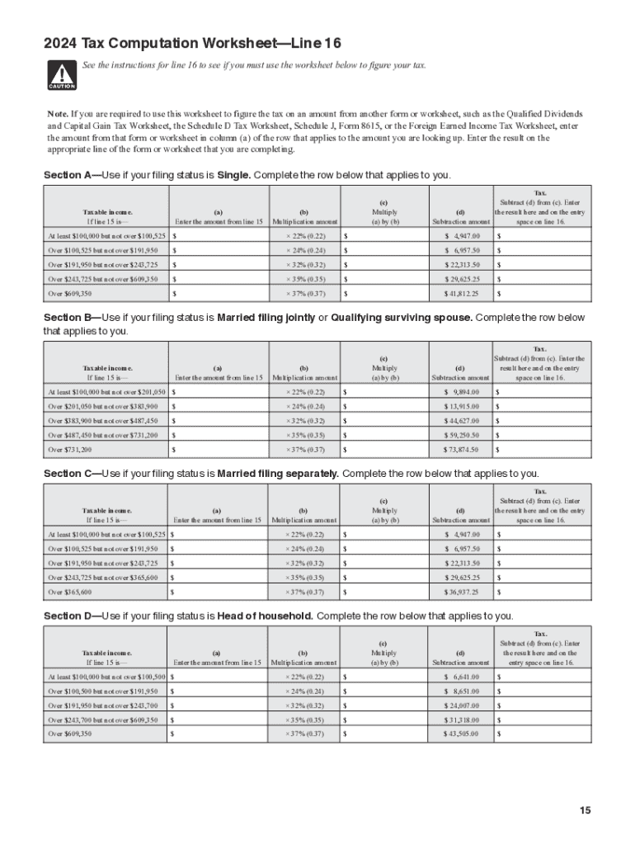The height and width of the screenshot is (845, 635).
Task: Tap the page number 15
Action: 585,811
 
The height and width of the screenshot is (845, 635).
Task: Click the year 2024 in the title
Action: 59,43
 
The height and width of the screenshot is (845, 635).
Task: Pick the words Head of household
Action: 265,616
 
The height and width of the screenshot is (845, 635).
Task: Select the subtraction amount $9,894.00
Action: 463,392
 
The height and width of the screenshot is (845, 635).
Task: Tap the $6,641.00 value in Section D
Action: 463,676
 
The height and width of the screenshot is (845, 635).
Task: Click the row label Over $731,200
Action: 70,450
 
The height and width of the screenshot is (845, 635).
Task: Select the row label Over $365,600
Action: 70,592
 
